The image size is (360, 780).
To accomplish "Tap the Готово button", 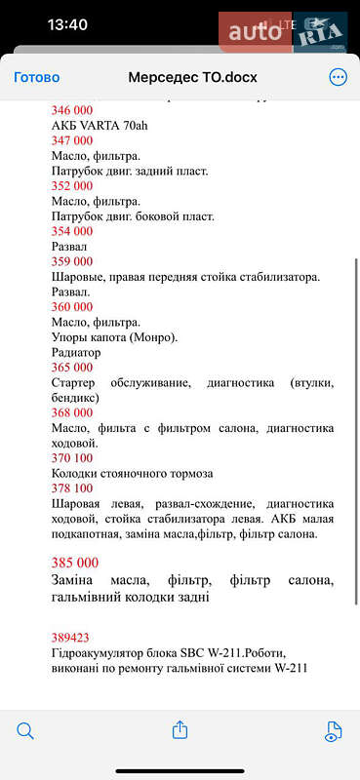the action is click(36, 77).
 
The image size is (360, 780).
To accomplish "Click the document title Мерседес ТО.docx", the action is click(192, 77).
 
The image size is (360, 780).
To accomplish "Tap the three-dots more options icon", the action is click(338, 77).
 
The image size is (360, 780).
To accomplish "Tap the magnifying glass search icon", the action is click(25, 730).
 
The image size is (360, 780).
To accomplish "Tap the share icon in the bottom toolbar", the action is click(180, 729).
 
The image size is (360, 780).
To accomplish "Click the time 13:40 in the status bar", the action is click(67, 24).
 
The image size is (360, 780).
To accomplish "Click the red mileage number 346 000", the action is click(71, 110).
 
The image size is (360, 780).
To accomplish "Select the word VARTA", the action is click(103, 125).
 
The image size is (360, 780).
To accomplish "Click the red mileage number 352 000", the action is click(71, 186).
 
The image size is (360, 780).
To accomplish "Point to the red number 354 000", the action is click(71, 231).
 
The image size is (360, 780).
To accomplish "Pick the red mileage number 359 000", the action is click(71, 261).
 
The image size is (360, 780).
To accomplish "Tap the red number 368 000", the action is click(71, 412).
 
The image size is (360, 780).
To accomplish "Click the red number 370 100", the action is click(71, 458).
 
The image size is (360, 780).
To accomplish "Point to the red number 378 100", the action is click(71, 488).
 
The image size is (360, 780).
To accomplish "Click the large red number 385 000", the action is click(74, 563).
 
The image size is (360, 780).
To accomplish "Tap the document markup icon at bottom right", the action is click(334, 730).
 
